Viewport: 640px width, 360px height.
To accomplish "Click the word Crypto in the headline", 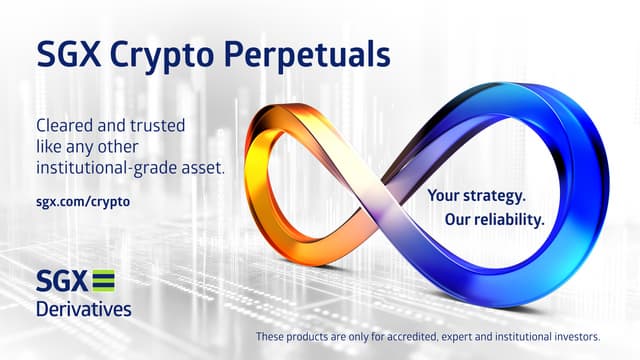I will pyautogui.click(x=164, y=54).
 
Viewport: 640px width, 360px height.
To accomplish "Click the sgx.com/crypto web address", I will pyautogui.click(x=83, y=201).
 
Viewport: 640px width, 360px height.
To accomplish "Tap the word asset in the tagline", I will pyautogui.click(x=201, y=168).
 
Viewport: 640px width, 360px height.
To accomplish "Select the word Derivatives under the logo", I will pyautogui.click(x=83, y=309).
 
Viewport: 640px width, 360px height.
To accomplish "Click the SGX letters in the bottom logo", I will pyautogui.click(x=61, y=281).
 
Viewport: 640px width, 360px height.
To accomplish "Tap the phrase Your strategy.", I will pyautogui.click(x=476, y=196).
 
